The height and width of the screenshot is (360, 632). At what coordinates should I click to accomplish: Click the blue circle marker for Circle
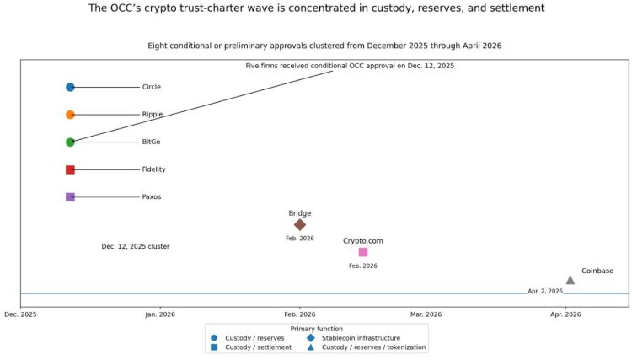[70, 87]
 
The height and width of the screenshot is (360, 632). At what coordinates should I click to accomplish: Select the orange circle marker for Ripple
[70, 115]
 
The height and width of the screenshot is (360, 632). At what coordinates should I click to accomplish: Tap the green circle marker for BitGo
[70, 142]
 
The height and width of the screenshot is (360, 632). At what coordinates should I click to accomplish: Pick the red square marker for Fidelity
[70, 169]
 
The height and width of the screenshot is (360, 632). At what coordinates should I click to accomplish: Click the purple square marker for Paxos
[70, 197]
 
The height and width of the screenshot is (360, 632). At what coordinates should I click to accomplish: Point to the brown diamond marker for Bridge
[300, 224]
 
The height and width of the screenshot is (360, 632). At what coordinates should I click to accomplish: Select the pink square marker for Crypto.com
[363, 252]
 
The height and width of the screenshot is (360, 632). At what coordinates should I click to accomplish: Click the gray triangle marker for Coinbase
[570, 279]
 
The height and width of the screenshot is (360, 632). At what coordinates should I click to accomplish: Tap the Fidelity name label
[153, 169]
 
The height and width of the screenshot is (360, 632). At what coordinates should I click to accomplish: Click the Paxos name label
[151, 197]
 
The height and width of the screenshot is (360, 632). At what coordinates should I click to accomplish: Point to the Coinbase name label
[597, 271]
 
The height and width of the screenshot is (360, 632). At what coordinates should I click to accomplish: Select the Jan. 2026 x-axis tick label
[160, 314]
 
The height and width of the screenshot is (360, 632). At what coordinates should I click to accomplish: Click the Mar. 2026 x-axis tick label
[426, 314]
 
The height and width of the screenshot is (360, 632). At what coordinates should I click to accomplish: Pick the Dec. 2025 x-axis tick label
[20, 314]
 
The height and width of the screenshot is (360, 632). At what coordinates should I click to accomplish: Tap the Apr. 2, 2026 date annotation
[545, 291]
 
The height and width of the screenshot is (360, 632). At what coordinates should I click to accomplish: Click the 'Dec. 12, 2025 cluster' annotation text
[136, 247]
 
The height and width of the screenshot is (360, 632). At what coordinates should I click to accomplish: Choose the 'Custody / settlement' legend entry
[258, 347]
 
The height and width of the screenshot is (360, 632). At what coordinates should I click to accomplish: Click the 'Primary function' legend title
[316, 329]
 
